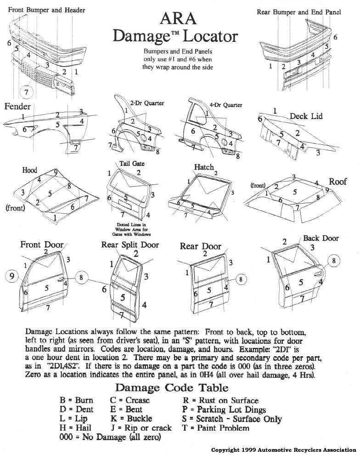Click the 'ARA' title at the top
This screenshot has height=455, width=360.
179,18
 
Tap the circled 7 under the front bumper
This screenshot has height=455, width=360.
27,91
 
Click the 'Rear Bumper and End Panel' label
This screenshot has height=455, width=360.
298,12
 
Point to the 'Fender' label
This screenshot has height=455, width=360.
18,107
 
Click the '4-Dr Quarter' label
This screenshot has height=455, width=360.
225,105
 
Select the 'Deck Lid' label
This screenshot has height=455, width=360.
306,116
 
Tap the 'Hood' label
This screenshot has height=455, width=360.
30,170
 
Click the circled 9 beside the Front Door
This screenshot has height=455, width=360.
12,276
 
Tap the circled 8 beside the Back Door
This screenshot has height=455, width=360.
334,260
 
